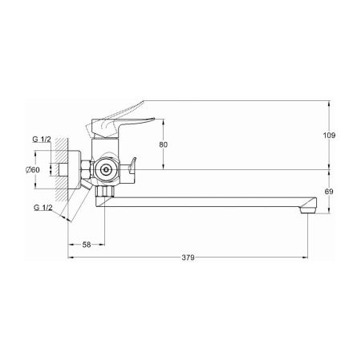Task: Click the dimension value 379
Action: click(188, 258)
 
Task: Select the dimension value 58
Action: click(87, 245)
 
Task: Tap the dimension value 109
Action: click(329, 136)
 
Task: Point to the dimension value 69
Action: click(329, 192)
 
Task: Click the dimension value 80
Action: click(163, 144)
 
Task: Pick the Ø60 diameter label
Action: click(33, 169)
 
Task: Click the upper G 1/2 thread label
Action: click(42, 139)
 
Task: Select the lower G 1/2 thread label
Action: click(43, 207)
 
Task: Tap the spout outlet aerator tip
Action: click(308, 211)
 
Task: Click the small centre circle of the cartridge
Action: click(106, 169)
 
